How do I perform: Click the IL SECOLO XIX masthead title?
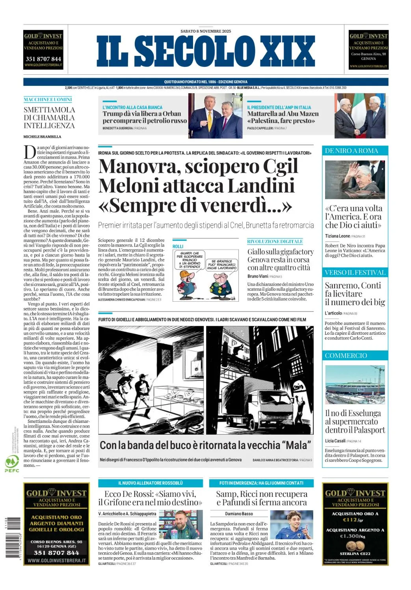(x=205, y=52)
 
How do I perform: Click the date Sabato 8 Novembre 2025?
(x=205, y=31)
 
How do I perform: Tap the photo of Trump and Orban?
(x=215, y=116)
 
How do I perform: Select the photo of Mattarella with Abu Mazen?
(x=360, y=116)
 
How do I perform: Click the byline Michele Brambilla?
(x=42, y=137)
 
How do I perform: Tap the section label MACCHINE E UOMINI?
(x=48, y=100)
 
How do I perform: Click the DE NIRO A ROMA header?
(x=351, y=151)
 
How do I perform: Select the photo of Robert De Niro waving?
(x=355, y=179)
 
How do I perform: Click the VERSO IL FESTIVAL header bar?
(x=355, y=273)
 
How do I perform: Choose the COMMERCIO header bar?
(x=346, y=356)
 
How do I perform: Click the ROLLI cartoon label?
(x=178, y=246)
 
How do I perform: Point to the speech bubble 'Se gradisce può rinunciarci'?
(x=222, y=264)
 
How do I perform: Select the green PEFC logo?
(x=12, y=463)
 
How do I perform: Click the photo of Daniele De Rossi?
(x=183, y=525)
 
